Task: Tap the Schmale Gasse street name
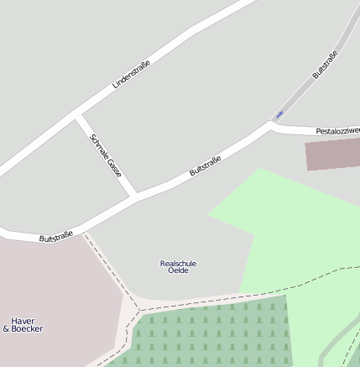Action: [x=106, y=154]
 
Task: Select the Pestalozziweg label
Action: [x=337, y=131]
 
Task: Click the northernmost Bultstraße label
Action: [x=325, y=65]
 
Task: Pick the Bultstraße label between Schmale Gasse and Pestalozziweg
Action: [x=205, y=165]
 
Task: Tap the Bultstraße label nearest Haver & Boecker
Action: [x=56, y=237]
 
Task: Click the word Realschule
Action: [x=178, y=263]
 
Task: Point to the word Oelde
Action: [x=178, y=270]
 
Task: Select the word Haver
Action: [x=23, y=321]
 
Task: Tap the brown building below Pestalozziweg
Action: [x=331, y=155]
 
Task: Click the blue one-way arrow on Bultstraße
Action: [x=279, y=114]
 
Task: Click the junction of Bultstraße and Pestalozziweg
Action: [x=272, y=125]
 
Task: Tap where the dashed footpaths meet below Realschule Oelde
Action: [x=138, y=310]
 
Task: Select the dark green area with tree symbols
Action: [x=210, y=336]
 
